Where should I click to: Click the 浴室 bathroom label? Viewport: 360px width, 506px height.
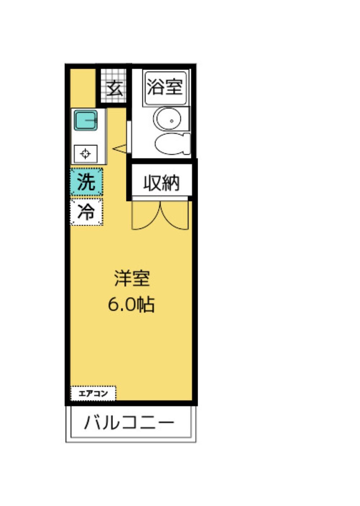[165, 87]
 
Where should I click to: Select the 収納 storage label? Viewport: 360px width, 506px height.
[161, 183]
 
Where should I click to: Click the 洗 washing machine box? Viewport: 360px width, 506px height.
[86, 182]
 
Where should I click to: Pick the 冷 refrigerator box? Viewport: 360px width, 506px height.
[86, 212]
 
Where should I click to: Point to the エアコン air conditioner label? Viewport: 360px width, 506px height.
[93, 393]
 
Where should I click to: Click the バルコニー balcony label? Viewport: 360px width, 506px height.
[129, 422]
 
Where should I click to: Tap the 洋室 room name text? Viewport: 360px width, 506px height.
[132, 278]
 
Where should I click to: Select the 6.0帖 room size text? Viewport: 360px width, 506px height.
[131, 305]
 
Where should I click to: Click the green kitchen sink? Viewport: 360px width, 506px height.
[86, 121]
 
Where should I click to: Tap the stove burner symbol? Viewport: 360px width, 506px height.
[86, 154]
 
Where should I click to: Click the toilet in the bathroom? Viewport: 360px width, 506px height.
[172, 143]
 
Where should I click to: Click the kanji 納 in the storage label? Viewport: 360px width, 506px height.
[170, 183]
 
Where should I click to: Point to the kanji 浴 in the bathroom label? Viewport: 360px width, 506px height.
[156, 87]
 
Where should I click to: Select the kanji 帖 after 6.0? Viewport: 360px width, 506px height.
[147, 305]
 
